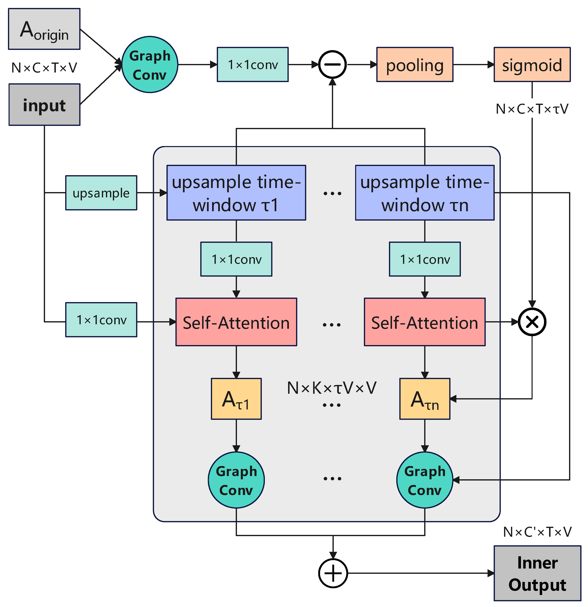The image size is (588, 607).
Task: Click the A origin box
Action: click(x=44, y=29)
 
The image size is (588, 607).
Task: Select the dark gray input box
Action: click(x=44, y=105)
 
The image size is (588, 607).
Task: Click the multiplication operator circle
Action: click(x=532, y=322)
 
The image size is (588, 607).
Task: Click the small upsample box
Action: click(x=101, y=193)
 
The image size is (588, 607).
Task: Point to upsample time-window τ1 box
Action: click(x=236, y=193)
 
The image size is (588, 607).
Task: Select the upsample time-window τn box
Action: click(x=424, y=193)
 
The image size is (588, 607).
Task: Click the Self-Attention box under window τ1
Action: click(x=236, y=322)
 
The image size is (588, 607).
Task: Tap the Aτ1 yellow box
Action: click(x=236, y=399)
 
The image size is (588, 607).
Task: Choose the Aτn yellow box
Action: click(x=424, y=399)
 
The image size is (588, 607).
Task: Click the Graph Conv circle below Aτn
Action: click(x=424, y=480)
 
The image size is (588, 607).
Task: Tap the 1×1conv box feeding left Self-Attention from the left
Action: click(x=101, y=320)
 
